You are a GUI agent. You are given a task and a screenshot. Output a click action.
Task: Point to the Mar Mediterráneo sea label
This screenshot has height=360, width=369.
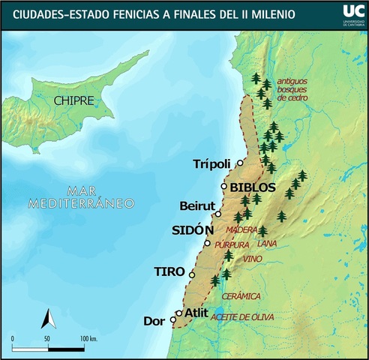point(78,196)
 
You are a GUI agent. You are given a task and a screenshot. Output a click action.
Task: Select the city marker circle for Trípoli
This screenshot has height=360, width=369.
point(240,163)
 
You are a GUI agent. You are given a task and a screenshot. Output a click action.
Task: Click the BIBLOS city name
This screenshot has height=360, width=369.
point(253,187)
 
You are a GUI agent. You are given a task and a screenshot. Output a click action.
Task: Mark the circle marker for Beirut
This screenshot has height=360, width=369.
point(218,214)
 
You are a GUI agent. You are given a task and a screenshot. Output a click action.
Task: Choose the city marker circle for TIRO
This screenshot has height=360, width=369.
point(192,275)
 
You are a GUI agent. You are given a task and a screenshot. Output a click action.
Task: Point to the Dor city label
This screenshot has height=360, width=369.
point(153,321)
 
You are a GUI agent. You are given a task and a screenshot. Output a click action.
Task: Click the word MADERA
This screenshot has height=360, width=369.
point(241,230)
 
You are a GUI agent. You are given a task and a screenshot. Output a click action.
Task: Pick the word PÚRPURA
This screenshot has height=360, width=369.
point(231,244)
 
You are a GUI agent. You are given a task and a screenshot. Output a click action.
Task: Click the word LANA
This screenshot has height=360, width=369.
point(266,244)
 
